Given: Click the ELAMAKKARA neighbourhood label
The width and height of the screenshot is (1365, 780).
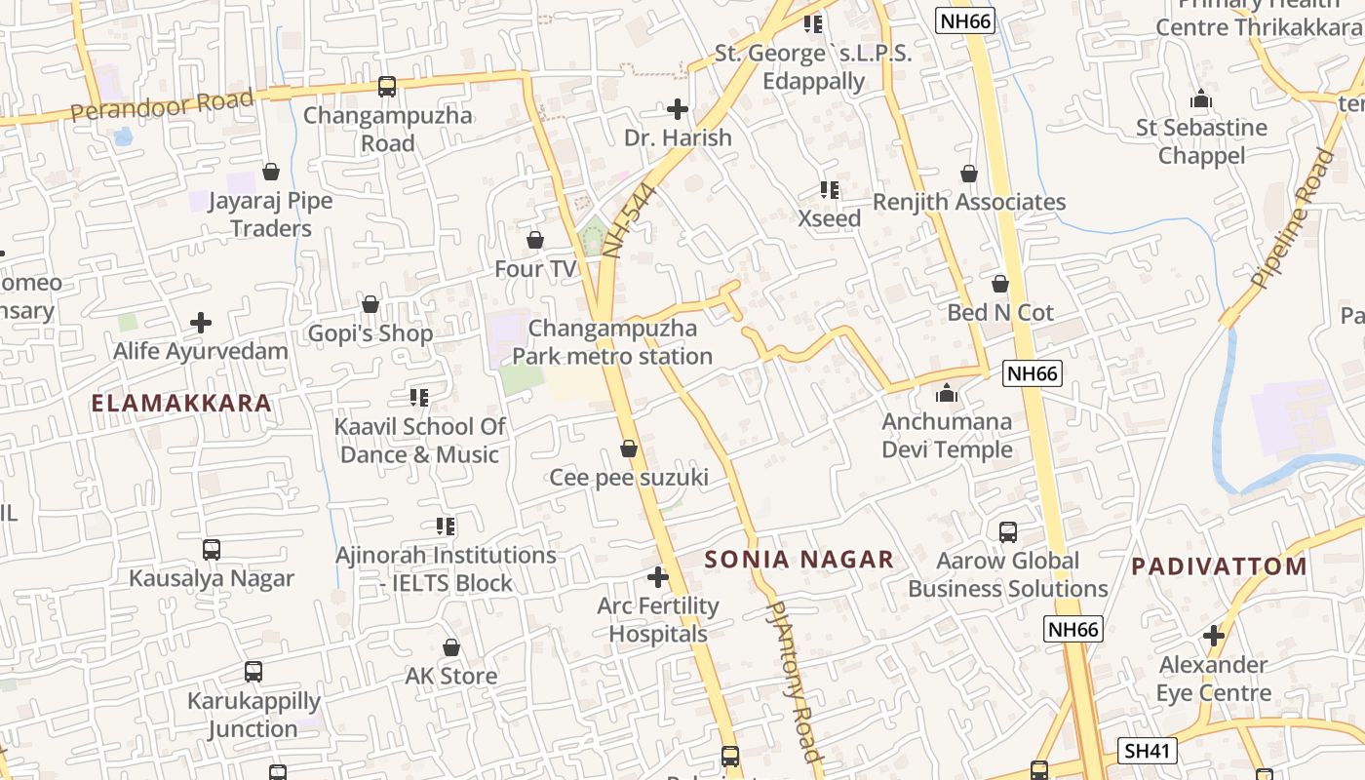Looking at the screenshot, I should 181,403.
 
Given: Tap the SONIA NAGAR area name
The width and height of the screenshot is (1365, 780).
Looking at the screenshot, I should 799,559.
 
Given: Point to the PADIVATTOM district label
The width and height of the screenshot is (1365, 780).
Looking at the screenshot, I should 1219,565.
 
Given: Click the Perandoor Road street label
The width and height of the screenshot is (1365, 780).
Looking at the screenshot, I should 162,105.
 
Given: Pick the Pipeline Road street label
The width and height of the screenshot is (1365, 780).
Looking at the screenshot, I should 1292,218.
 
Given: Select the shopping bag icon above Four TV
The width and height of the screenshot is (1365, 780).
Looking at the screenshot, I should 534,240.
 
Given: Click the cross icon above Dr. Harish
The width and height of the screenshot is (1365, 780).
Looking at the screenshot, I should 678,109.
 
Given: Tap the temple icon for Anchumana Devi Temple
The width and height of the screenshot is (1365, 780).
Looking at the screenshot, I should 946,394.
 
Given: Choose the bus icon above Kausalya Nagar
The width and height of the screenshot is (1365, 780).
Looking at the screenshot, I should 212,550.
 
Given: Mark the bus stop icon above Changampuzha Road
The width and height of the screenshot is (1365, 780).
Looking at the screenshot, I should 387,87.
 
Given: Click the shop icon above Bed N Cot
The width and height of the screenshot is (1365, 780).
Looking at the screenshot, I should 999,285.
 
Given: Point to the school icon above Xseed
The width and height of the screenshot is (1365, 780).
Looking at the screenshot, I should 830,190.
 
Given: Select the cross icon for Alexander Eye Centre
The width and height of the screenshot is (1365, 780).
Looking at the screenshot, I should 1214,637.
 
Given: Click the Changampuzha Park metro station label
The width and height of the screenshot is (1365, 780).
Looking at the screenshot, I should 612,342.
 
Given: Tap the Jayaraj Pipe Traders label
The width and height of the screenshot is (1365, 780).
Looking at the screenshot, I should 270,214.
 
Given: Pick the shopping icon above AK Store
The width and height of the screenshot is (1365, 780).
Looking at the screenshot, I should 450,647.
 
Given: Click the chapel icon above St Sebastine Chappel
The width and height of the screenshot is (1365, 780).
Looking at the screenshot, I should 1201,99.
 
